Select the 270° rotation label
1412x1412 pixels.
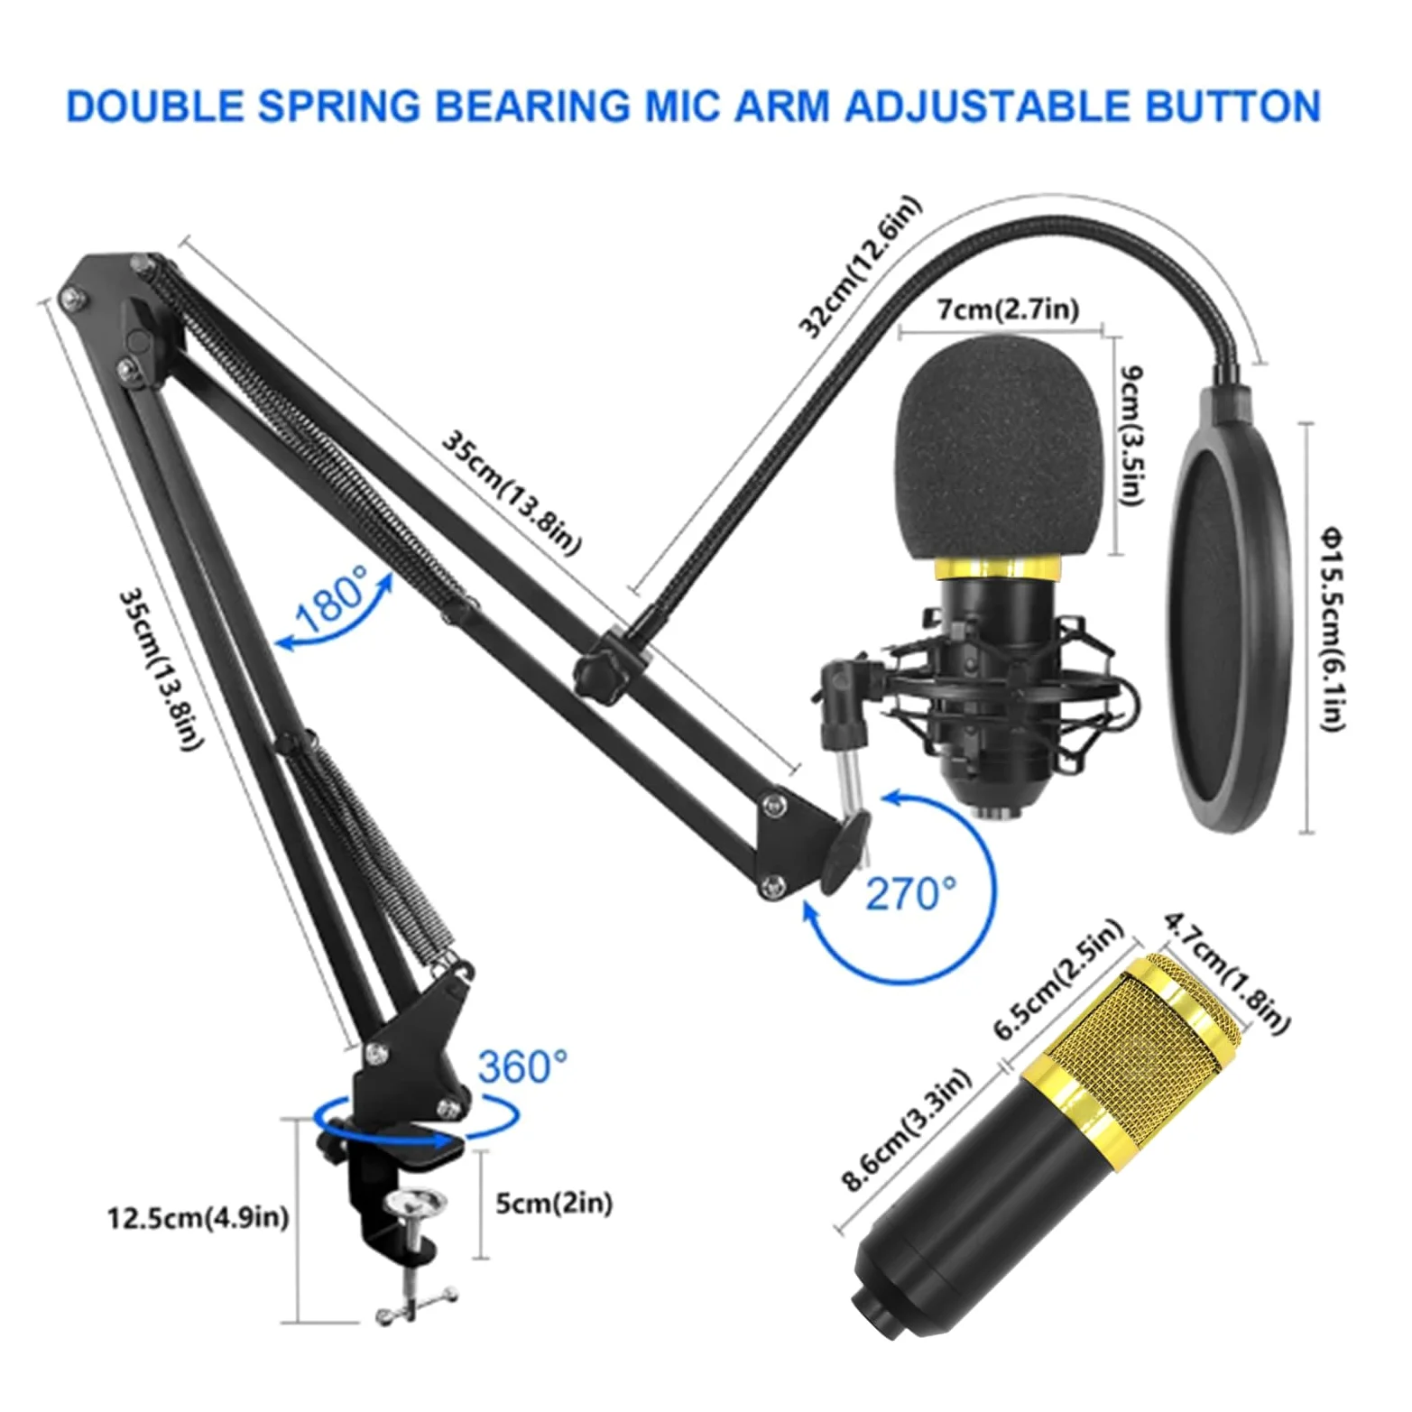click(x=910, y=893)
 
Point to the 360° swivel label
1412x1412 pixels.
click(x=523, y=1066)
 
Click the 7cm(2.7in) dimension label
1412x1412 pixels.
click(x=1007, y=309)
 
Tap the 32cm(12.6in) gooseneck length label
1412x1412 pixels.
click(x=862, y=268)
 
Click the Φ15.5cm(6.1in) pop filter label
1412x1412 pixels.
click(x=1334, y=629)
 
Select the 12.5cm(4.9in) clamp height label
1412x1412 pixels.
click(x=198, y=1218)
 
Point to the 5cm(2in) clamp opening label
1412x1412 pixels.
click(x=554, y=1203)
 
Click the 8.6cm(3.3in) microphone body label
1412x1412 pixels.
click(x=906, y=1132)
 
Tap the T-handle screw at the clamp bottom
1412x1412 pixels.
click(x=417, y=1299)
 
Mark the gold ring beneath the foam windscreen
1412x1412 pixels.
click(x=1000, y=569)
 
